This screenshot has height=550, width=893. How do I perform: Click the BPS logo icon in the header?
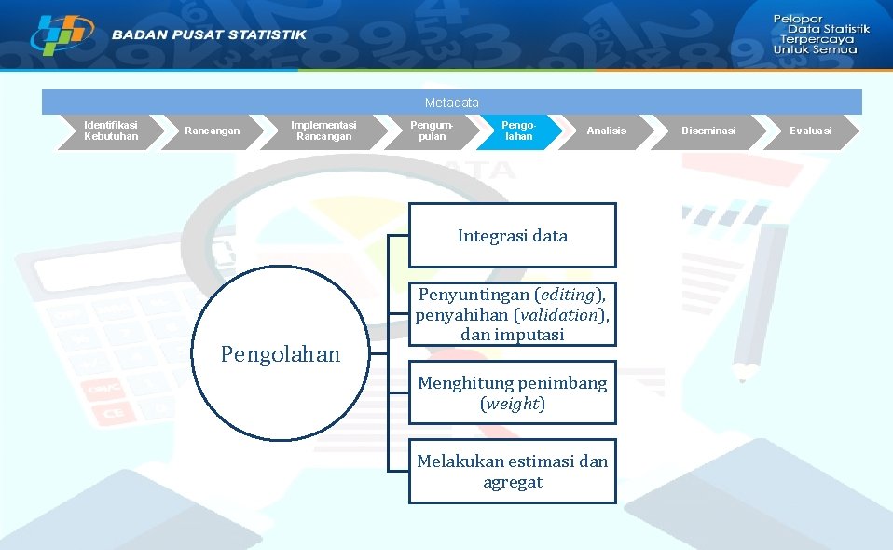click(x=62, y=35)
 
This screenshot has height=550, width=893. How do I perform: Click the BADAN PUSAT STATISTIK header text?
click(x=209, y=34)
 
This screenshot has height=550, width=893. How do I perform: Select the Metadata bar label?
click(x=451, y=102)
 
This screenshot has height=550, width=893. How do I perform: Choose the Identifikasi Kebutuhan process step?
click(x=110, y=131)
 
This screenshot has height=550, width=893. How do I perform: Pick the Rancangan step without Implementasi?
click(x=212, y=131)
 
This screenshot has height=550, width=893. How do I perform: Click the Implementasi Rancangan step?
click(x=323, y=131)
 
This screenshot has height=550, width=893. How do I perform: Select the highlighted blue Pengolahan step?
click(x=518, y=131)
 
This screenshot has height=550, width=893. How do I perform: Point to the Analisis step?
click(x=607, y=131)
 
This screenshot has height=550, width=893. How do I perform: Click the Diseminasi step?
click(x=708, y=131)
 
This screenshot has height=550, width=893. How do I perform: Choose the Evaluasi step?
click(x=810, y=131)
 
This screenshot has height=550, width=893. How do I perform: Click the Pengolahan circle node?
click(x=281, y=354)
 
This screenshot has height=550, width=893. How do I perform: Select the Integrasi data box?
click(x=513, y=236)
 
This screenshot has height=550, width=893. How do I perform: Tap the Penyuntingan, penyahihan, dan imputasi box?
click(x=513, y=314)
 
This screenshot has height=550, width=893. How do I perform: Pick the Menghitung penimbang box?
click(x=513, y=393)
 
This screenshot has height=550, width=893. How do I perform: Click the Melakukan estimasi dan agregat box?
click(x=513, y=472)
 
